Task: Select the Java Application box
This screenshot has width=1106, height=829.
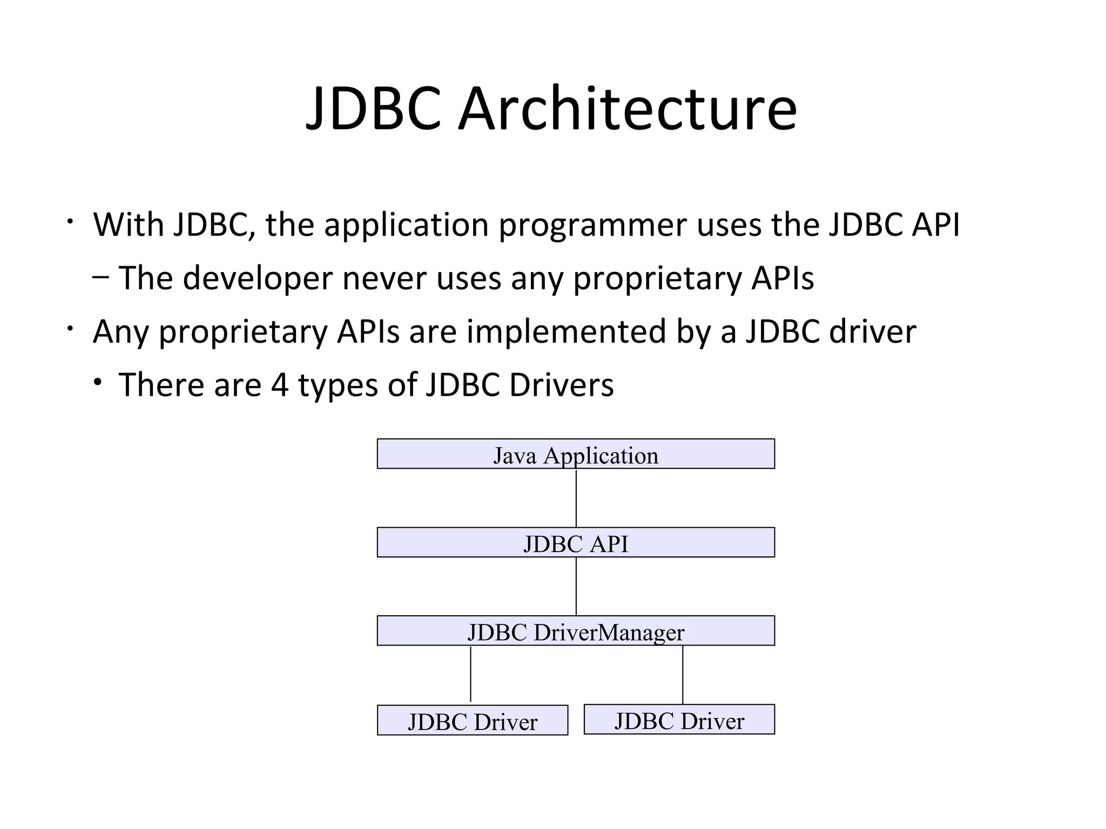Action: point(576,454)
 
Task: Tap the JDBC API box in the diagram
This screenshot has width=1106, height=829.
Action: point(576,542)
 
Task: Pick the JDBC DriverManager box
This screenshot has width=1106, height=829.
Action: point(576,631)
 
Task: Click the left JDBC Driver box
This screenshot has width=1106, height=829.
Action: point(472,721)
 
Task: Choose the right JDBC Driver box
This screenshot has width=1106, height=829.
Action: point(679,719)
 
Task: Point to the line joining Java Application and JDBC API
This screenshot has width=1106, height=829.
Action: point(576,498)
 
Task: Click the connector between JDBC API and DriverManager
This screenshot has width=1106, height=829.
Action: point(576,586)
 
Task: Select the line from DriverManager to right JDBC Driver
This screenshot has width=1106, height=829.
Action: point(683,675)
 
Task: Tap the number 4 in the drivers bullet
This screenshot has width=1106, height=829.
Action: point(279,385)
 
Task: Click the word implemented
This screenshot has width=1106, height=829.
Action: point(567,332)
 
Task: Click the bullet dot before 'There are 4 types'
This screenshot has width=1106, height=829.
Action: point(97,383)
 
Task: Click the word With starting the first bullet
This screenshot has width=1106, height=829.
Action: point(129,225)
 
